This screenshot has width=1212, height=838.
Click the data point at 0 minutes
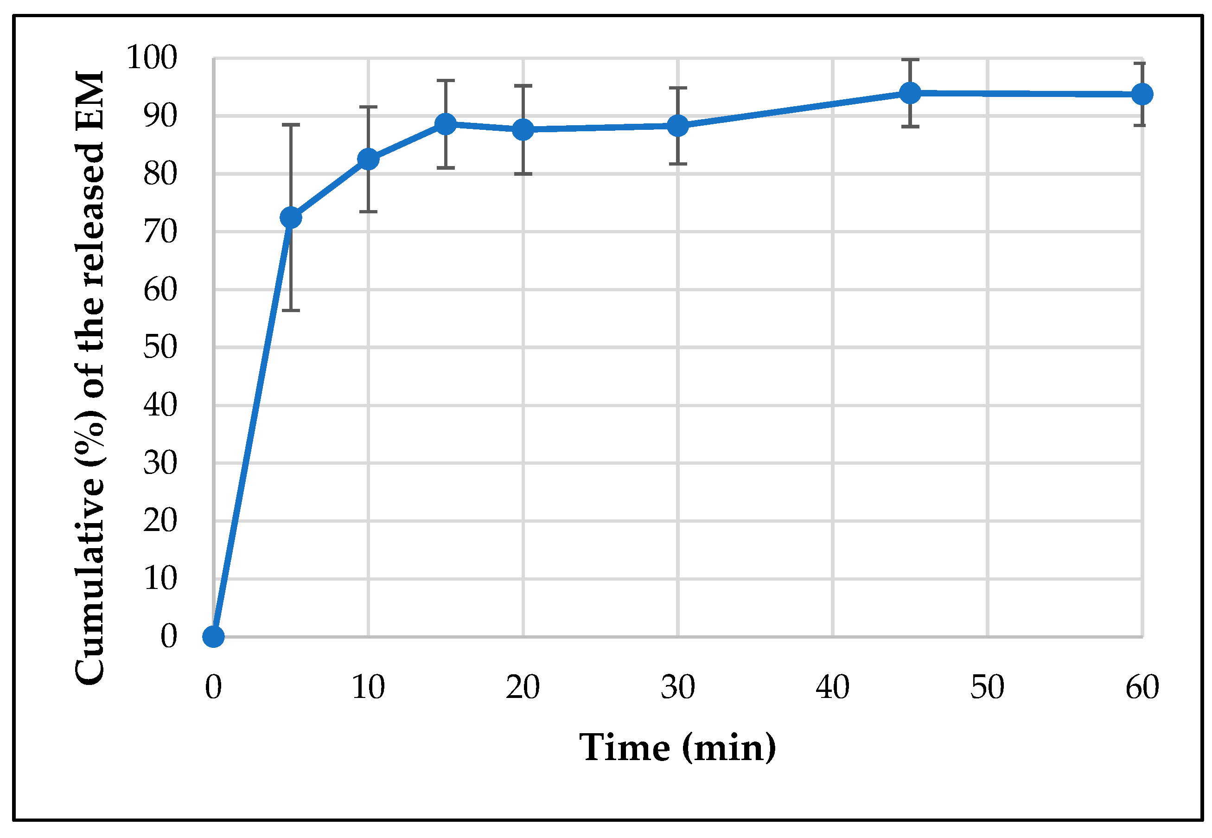point(214,637)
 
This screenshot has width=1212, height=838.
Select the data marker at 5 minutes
point(291,217)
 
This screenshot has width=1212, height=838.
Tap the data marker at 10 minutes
point(368,159)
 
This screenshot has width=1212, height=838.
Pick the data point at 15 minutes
point(446,124)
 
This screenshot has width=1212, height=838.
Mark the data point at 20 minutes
point(523,129)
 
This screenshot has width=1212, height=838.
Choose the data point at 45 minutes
point(910,93)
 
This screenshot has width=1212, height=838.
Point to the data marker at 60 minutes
point(1142,95)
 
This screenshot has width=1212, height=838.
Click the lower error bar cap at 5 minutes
point(291,311)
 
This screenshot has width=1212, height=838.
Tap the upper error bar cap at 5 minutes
point(291,125)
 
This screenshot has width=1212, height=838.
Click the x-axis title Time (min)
point(677,748)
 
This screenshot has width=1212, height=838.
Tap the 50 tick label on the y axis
point(160,347)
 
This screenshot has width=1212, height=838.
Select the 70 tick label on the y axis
point(160,231)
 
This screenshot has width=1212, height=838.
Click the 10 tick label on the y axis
point(160,579)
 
